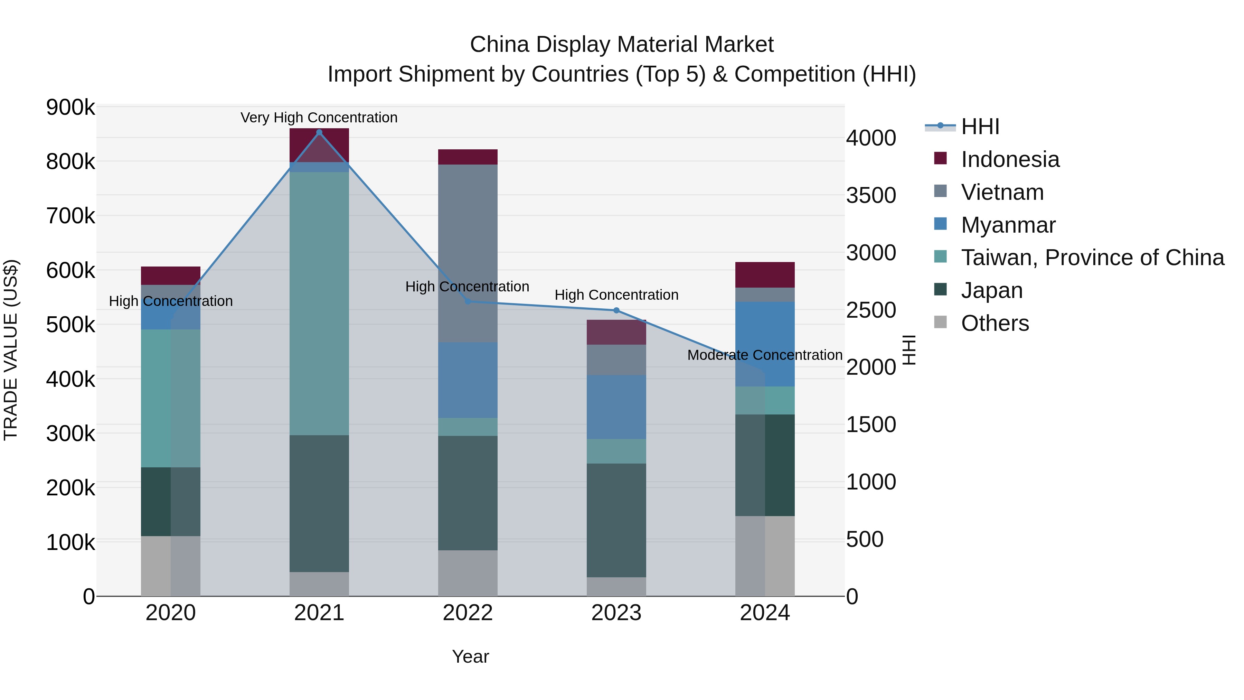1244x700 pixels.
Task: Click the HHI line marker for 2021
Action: click(319, 132)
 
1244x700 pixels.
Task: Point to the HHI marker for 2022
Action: click(468, 301)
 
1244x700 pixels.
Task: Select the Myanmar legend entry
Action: click(1008, 225)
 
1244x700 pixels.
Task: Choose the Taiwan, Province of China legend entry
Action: click(1092, 258)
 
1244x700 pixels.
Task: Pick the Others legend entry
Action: click(995, 323)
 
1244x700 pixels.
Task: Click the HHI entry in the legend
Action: click(980, 127)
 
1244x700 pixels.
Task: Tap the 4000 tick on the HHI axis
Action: click(871, 138)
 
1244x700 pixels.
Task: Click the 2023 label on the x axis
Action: click(616, 613)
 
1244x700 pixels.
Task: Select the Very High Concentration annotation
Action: click(319, 118)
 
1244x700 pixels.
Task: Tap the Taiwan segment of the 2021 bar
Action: click(319, 304)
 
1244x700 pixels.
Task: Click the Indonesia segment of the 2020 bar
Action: click(170, 276)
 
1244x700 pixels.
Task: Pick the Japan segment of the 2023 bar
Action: click(616, 520)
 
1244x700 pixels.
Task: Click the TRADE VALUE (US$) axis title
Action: click(11, 350)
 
